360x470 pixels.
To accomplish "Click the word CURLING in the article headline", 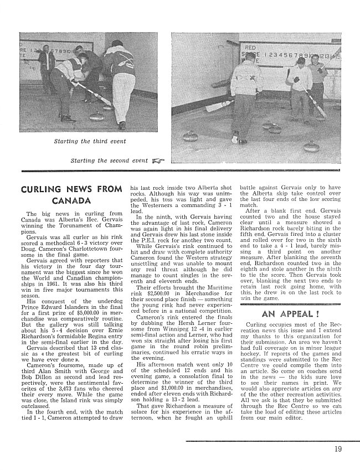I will pyautogui.click(x=44, y=189).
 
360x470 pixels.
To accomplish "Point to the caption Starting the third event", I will pyautogui.click(x=89, y=141).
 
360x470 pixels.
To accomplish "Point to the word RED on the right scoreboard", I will pyautogui.click(x=251, y=49).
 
